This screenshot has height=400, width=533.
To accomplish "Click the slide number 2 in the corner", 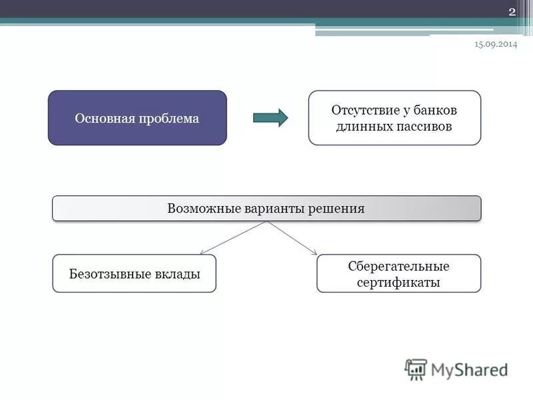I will (512, 11).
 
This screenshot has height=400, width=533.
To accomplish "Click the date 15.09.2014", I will (495, 43).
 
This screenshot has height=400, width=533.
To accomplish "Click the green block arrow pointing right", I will (270, 118).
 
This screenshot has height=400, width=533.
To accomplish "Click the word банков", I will (438, 109).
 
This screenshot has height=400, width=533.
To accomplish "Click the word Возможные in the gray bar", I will (199, 209).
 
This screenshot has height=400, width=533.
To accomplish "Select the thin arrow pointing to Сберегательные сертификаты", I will (293, 238).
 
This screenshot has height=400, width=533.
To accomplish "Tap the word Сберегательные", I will (398, 266).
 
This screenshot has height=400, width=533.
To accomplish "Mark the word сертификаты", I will (398, 282).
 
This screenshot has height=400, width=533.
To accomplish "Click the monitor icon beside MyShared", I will (416, 369).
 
